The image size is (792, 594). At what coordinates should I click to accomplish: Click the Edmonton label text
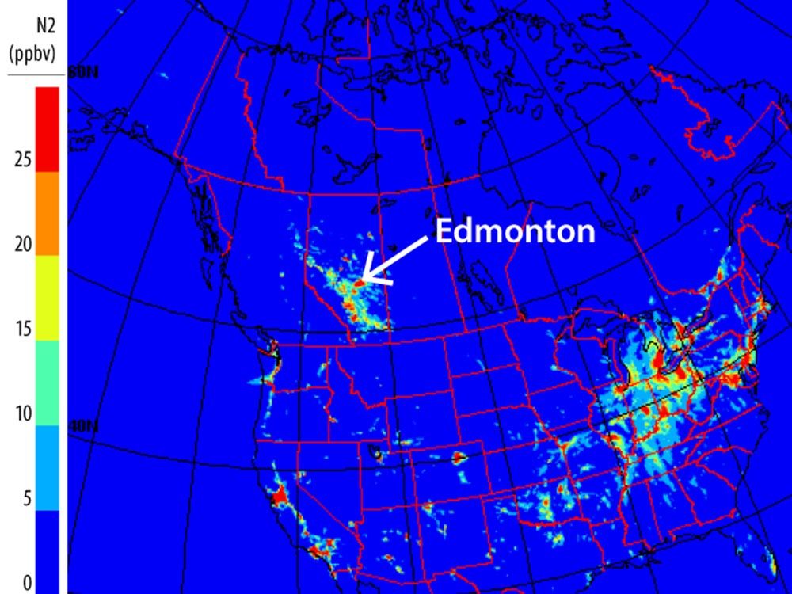click(515, 230)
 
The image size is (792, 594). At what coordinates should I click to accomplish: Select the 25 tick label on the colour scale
click(22, 160)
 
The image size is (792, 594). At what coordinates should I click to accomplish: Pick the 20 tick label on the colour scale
click(22, 245)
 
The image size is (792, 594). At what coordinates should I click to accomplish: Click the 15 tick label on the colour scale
click(22, 329)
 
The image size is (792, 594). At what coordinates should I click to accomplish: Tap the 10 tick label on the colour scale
click(22, 414)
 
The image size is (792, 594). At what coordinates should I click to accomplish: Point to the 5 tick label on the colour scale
click(26, 499)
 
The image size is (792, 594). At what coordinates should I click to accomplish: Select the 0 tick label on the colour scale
click(26, 584)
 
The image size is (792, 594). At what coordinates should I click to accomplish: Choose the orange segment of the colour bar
click(48, 213)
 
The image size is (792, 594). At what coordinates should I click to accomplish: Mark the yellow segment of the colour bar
click(48, 298)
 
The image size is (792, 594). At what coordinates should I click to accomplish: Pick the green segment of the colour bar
click(48, 383)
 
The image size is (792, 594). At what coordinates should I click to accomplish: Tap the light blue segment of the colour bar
click(48, 467)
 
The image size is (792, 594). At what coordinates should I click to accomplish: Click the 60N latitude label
click(83, 73)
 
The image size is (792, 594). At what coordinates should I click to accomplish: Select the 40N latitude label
click(83, 426)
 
